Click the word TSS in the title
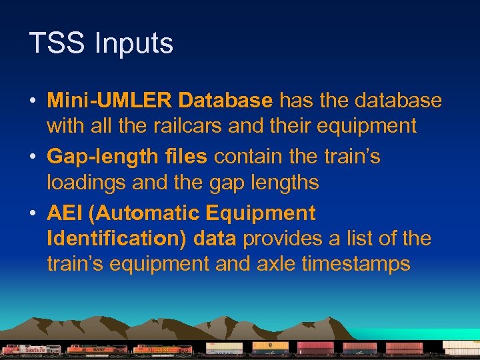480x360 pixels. tap(57, 44)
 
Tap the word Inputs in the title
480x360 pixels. tap(133, 44)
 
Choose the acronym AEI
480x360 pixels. tap(65, 214)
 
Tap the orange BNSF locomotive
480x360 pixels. tap(97, 349)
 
